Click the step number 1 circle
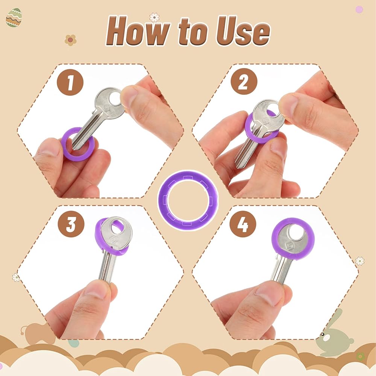pos(70,82)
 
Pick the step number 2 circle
pos(244,82)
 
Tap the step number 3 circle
pos(71,224)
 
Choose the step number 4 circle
pos(243,224)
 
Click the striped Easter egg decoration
pos(14,18)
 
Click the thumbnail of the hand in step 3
pos(97,288)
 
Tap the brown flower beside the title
pos(70,40)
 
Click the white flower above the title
pos(154,17)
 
